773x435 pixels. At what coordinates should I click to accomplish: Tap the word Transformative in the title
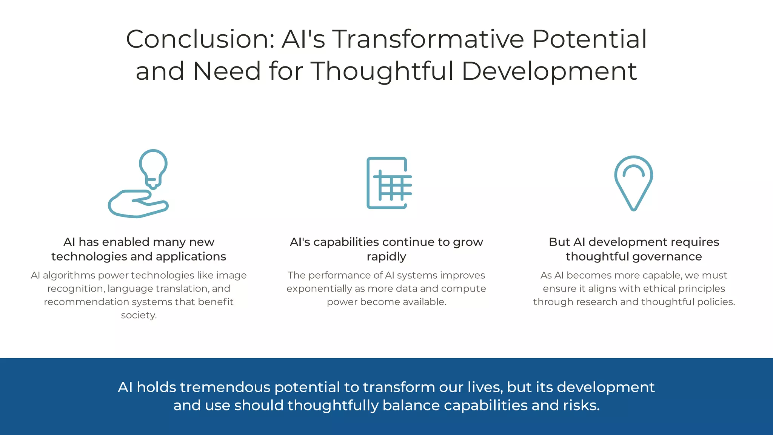coord(428,39)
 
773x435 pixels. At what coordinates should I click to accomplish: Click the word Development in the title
coord(549,71)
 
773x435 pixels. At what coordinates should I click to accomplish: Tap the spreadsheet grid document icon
coord(388,183)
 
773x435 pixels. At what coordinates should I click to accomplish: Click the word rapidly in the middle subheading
coord(386,257)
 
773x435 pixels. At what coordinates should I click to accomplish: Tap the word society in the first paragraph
coord(138,315)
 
